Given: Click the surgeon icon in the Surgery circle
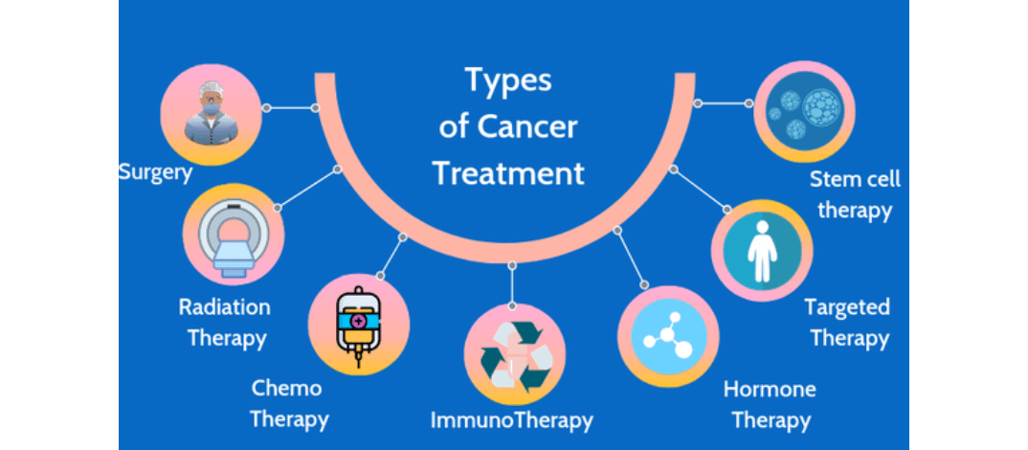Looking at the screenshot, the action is [x=211, y=114].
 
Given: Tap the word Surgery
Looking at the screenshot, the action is [x=156, y=173].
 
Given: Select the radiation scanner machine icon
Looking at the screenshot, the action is [x=234, y=235].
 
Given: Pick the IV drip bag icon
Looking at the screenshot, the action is [x=359, y=324].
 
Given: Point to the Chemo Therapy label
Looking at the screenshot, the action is [x=288, y=403].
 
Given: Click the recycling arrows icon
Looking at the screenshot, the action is [x=515, y=356].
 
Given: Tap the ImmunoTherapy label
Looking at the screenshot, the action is [x=511, y=419].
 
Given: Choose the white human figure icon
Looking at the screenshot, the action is [x=761, y=251].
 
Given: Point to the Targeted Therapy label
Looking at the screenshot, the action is [x=849, y=323].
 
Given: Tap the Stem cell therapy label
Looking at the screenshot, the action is [x=855, y=194].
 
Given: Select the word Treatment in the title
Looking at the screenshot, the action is [x=509, y=174].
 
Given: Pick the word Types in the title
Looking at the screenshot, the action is [x=509, y=80].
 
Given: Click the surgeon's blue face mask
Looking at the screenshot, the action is [x=211, y=108].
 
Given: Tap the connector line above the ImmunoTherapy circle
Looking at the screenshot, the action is [x=511, y=285].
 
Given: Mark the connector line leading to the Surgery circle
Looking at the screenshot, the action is [x=290, y=107].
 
